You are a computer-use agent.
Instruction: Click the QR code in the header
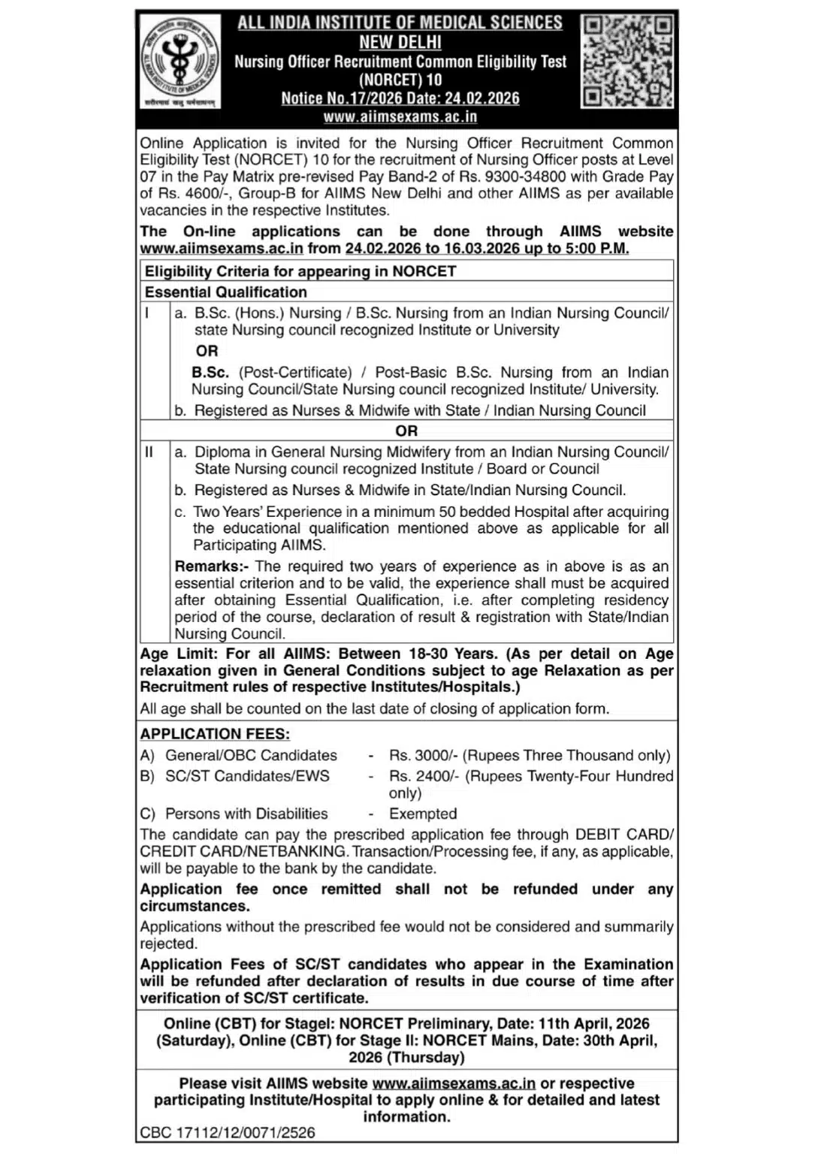(x=627, y=62)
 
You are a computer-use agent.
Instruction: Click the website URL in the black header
(x=400, y=117)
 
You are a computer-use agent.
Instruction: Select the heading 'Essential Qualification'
(x=225, y=292)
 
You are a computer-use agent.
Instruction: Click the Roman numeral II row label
(x=149, y=452)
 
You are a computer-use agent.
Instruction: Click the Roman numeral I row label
(x=147, y=313)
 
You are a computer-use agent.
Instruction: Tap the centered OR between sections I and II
(x=406, y=430)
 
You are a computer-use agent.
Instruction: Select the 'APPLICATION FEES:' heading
(x=215, y=734)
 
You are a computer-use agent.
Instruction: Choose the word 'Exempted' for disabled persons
(x=423, y=814)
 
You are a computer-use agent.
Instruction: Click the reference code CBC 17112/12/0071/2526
(x=228, y=1133)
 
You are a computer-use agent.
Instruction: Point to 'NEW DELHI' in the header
(x=400, y=42)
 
